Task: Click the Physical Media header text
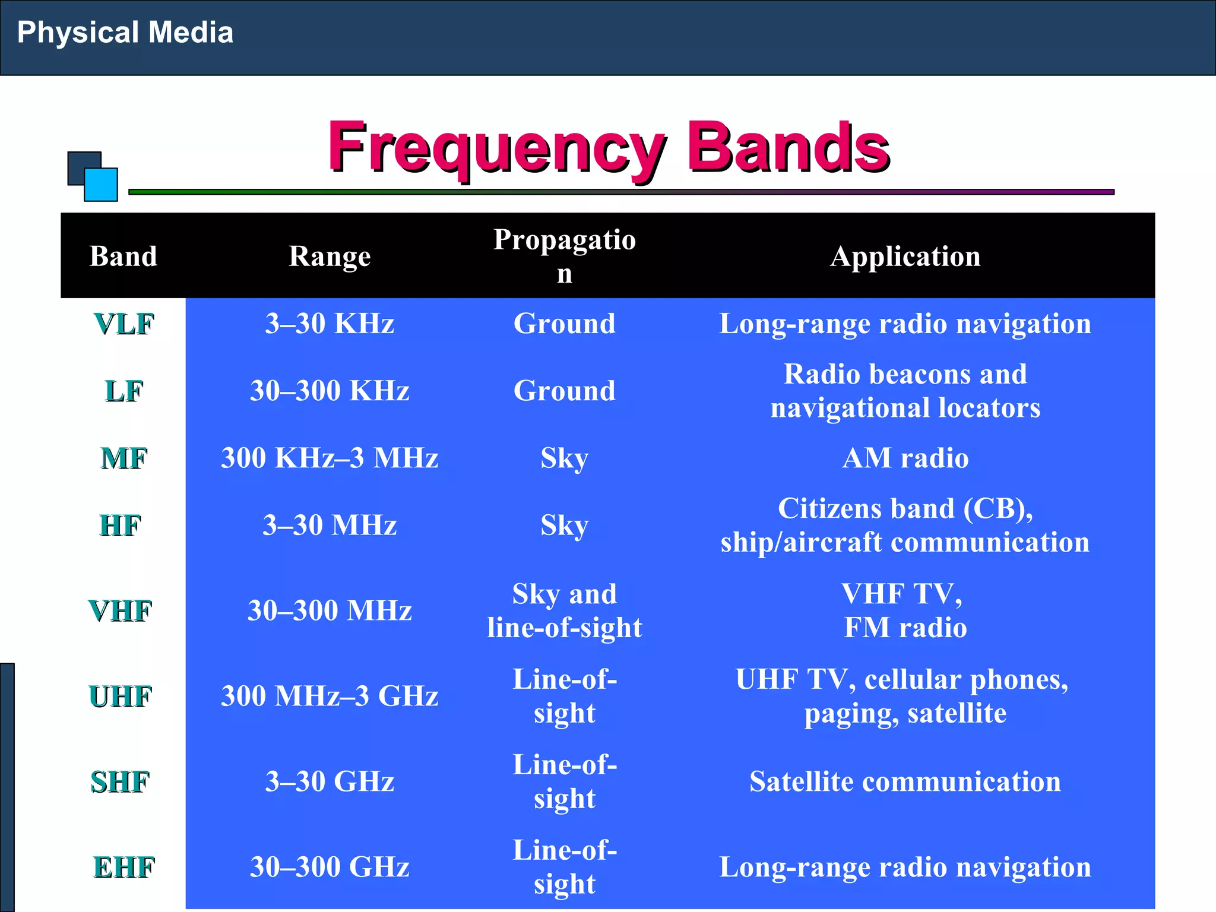pos(125,32)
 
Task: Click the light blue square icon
pos(101,185)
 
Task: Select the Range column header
pos(330,256)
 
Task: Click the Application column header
pos(905,256)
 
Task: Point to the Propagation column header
pos(564,256)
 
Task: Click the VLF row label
pos(123,324)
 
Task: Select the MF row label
pos(123,458)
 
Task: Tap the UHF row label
pos(121,696)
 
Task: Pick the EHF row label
pos(123,867)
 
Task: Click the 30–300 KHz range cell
pos(330,391)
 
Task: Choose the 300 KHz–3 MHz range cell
pos(330,458)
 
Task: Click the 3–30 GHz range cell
pos(330,781)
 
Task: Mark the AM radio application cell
pos(905,458)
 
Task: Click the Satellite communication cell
pos(905,781)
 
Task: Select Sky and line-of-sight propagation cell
pos(564,610)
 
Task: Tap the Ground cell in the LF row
pos(564,391)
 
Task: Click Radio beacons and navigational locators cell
pos(905,391)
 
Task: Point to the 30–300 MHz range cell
pos(330,610)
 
